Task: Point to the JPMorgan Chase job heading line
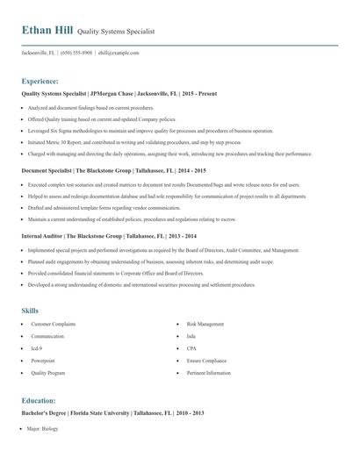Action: click(x=119, y=93)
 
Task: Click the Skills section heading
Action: click(x=30, y=311)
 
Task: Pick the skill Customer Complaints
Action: click(x=54, y=325)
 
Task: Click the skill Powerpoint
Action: click(x=44, y=361)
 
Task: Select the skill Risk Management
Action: click(x=205, y=325)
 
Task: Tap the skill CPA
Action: click(x=192, y=348)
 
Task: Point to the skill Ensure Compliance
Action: click(x=207, y=361)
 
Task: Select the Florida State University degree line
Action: click(x=112, y=412)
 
